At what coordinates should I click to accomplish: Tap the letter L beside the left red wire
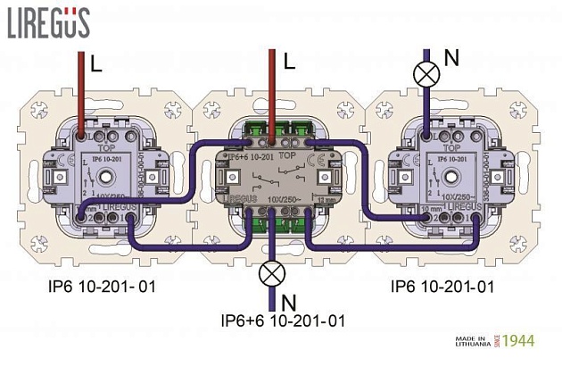click(97, 64)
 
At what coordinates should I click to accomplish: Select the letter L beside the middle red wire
click(288, 62)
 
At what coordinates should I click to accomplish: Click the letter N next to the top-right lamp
click(451, 58)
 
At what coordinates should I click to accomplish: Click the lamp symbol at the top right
click(426, 73)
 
